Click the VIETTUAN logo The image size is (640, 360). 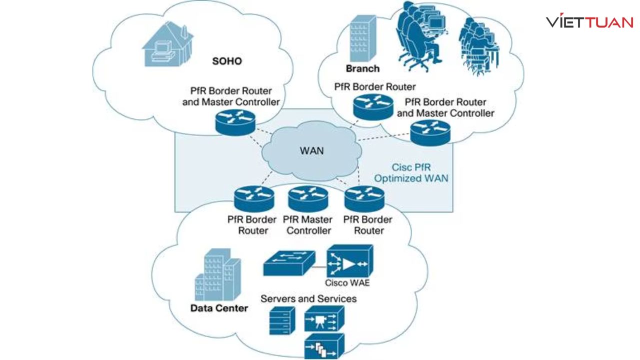(x=589, y=22)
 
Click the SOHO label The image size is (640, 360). (x=226, y=61)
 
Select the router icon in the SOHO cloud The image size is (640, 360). (x=235, y=122)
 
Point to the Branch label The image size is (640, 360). (x=362, y=68)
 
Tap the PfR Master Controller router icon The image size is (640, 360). (x=308, y=199)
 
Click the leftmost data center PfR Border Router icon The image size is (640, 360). (x=253, y=199)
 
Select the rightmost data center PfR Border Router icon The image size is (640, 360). (x=364, y=199)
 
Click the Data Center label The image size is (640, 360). (x=219, y=308)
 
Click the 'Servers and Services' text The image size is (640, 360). (x=308, y=298)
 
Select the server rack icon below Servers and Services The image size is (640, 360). (x=280, y=321)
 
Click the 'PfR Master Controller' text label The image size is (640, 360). (x=308, y=225)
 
